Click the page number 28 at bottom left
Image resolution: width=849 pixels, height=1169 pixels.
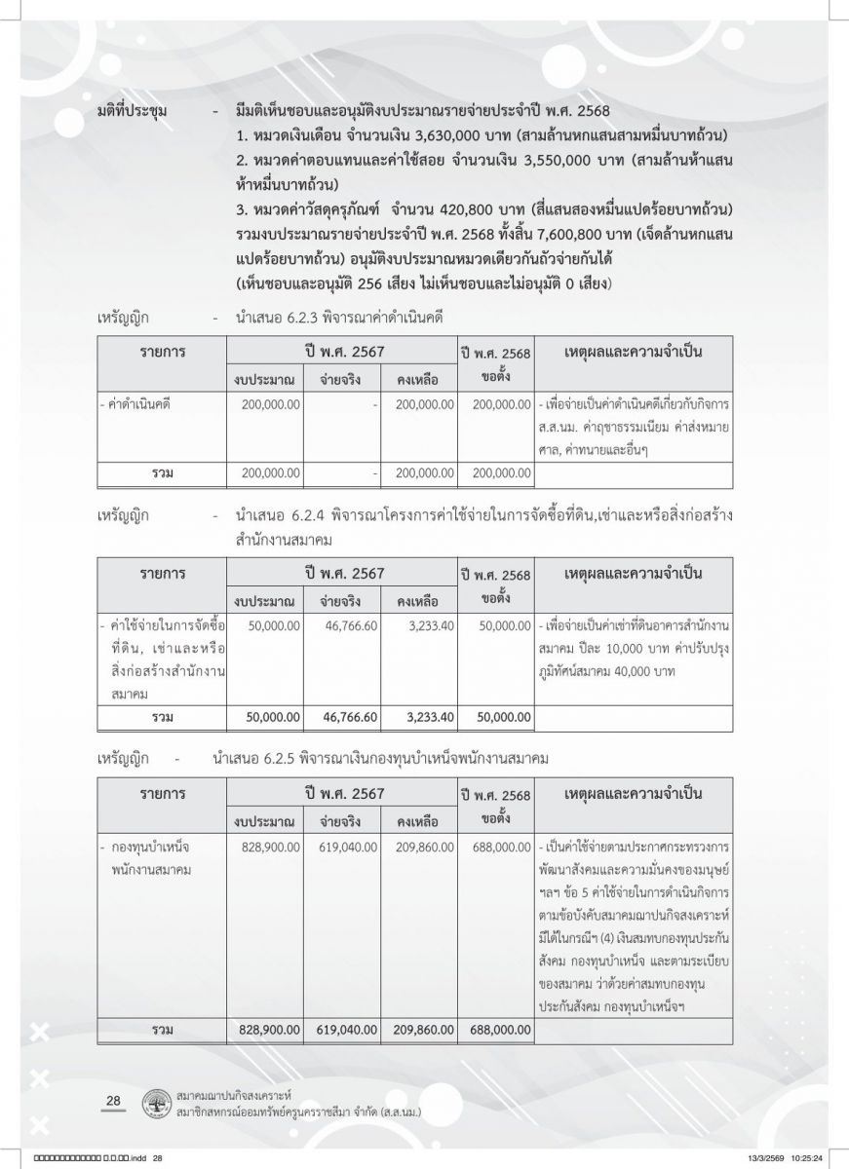[x=112, y=1101]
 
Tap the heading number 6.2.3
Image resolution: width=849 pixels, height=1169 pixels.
[x=294, y=318]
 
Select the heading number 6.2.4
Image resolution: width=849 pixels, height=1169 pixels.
[x=294, y=514]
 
